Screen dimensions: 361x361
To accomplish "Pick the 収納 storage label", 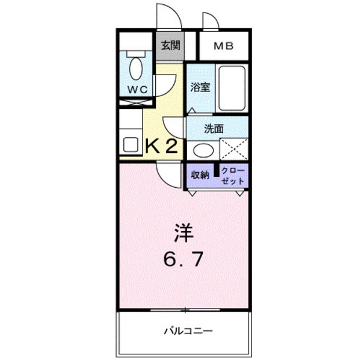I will (200, 175).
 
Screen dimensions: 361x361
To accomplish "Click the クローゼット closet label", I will (233, 175).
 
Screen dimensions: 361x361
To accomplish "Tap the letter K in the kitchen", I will (155, 146).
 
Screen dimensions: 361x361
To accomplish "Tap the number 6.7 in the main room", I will (185, 259).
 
